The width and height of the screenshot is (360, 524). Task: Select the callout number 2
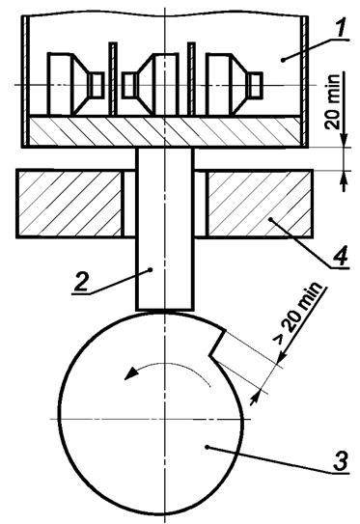pos(81,282)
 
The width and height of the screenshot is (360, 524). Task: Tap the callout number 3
pos(341,460)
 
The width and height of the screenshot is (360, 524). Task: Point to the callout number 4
pos(341,256)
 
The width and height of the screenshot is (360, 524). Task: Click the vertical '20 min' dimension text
pos(333,101)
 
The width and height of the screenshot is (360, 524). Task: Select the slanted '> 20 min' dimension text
pos(298,312)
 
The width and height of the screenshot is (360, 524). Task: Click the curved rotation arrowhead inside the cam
pos(130,373)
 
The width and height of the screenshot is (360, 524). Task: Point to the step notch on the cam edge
pos(218,344)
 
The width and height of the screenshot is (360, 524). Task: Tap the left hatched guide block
pos(69,204)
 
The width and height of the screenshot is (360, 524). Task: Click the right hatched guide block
pos(260,204)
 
